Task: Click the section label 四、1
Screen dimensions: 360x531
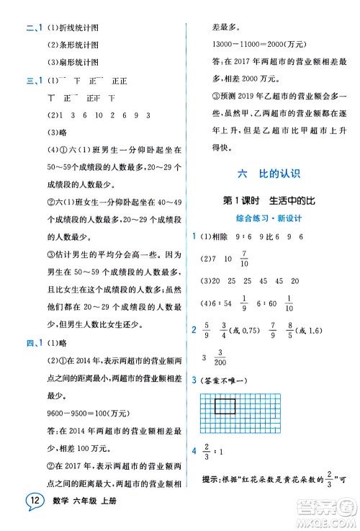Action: coord(33,343)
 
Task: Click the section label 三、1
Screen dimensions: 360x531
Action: coord(33,80)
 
